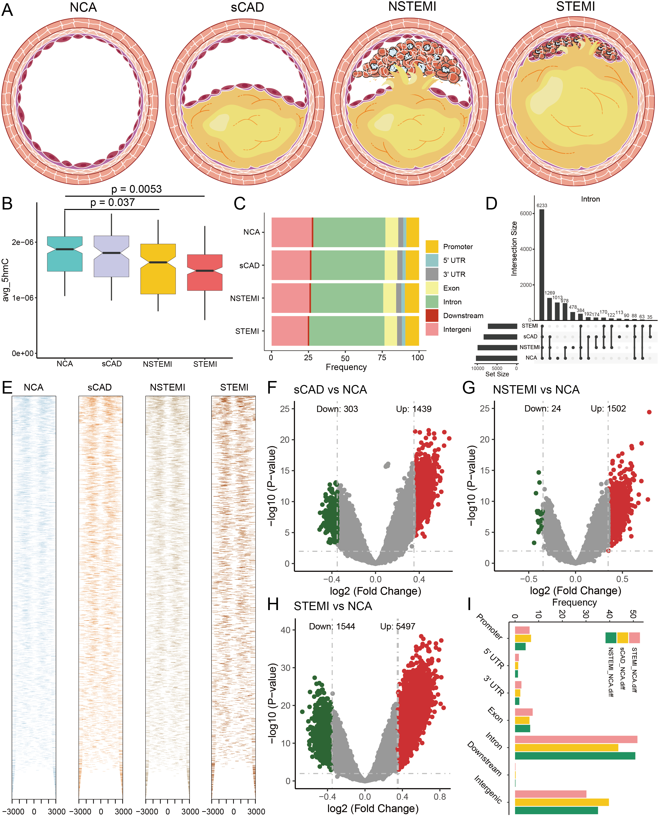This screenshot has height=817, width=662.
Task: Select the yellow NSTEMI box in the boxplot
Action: pyautogui.click(x=158, y=269)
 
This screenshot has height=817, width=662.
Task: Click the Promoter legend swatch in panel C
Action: pyautogui.click(x=432, y=247)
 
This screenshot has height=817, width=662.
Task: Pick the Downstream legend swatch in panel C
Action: pyautogui.click(x=432, y=316)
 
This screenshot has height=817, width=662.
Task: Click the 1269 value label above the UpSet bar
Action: pyautogui.click(x=550, y=293)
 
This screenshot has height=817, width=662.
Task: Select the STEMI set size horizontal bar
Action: pyautogui.click(x=502, y=326)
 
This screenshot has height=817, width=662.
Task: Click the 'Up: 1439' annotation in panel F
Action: pyautogui.click(x=414, y=409)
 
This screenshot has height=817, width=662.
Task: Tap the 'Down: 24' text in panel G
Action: pyautogui.click(x=542, y=408)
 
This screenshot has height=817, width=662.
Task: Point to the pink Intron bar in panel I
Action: pyautogui.click(x=576, y=740)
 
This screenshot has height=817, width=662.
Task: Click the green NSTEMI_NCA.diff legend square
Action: pyautogui.click(x=610, y=638)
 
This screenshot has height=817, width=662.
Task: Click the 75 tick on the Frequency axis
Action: pyautogui.click(x=382, y=357)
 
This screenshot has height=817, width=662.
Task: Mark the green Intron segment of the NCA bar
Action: pyautogui.click(x=349, y=232)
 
